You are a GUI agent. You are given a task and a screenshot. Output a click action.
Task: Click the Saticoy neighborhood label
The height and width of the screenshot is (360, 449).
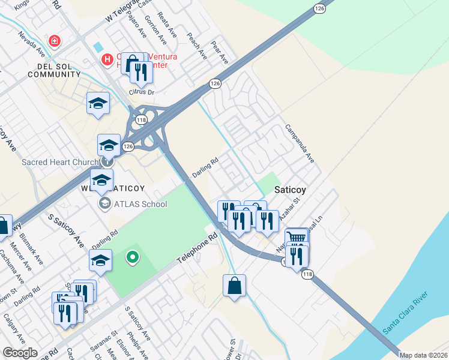click(291, 190)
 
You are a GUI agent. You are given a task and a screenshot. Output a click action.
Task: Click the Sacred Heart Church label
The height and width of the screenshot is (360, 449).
click(61, 162)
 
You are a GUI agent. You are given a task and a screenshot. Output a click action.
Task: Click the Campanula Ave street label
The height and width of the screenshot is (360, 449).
click(300, 144)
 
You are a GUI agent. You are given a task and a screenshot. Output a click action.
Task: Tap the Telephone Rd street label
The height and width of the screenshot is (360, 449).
click(196, 250)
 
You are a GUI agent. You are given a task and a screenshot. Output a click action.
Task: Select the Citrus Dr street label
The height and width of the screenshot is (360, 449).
click(142, 92)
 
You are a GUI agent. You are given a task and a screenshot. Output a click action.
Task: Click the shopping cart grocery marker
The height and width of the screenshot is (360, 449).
click(296, 238)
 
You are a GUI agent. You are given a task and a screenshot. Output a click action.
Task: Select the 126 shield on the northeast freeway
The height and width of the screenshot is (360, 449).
click(319, 8)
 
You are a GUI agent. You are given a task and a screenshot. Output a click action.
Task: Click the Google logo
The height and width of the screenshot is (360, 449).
click(20, 353)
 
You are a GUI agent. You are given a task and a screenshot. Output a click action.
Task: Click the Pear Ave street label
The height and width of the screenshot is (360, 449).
click(220, 53)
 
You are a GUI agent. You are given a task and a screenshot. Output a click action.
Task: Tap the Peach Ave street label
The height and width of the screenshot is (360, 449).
click(197, 46)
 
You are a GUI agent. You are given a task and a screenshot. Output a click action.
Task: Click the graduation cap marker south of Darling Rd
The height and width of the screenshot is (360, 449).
click(100, 260)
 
